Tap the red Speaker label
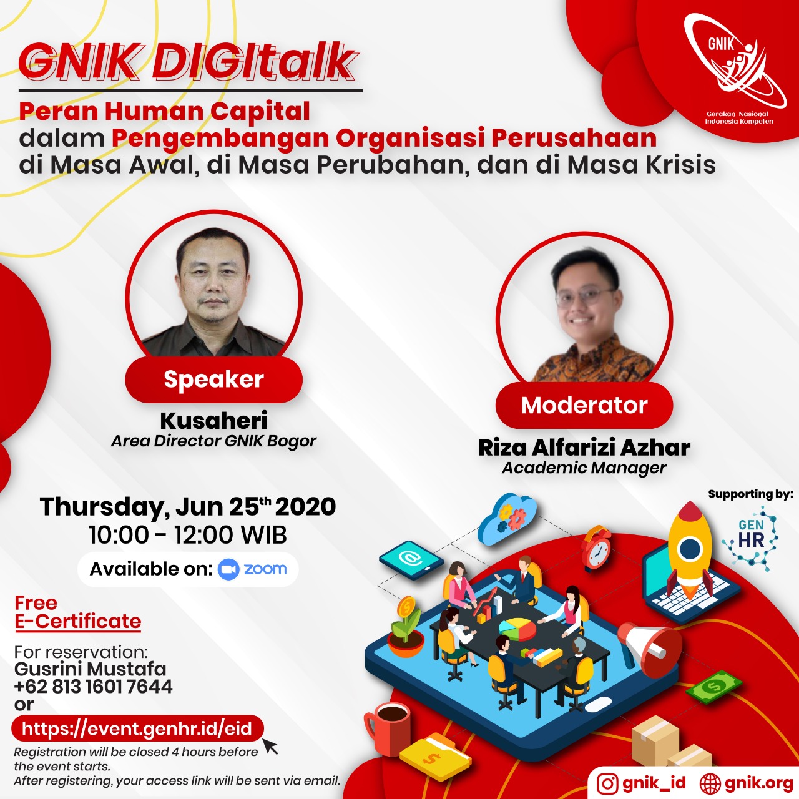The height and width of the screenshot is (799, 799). coord(214,380)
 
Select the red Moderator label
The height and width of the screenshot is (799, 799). coord(584,405)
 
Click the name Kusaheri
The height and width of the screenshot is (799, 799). coord(214,420)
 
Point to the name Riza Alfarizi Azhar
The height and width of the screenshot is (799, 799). coord(584,448)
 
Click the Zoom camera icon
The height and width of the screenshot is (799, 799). coord(228,569)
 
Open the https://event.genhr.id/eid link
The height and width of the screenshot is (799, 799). coord(137,728)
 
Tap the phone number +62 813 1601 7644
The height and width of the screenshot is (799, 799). coord(93,687)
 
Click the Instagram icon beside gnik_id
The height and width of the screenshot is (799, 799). coord(607,783)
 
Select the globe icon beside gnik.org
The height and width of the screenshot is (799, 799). coord(710,783)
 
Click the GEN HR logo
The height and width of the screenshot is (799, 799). coord(750,539)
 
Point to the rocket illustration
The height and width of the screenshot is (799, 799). coord(690,549)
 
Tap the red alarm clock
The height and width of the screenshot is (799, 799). coord(596,547)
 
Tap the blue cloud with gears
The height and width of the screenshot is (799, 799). coord(507,518)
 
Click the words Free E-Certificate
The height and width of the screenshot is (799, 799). coord(78,612)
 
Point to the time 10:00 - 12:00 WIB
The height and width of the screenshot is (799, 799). coord(188,535)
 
